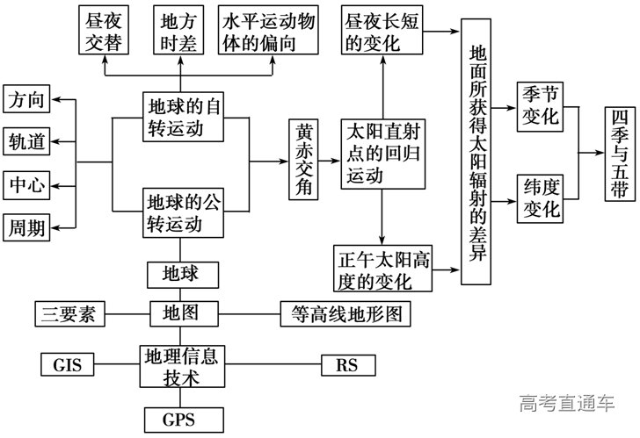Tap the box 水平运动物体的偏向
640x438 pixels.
[x=265, y=31]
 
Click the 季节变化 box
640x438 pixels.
[x=540, y=106]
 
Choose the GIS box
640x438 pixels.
[x=67, y=363]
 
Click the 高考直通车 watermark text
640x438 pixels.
[x=567, y=405]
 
